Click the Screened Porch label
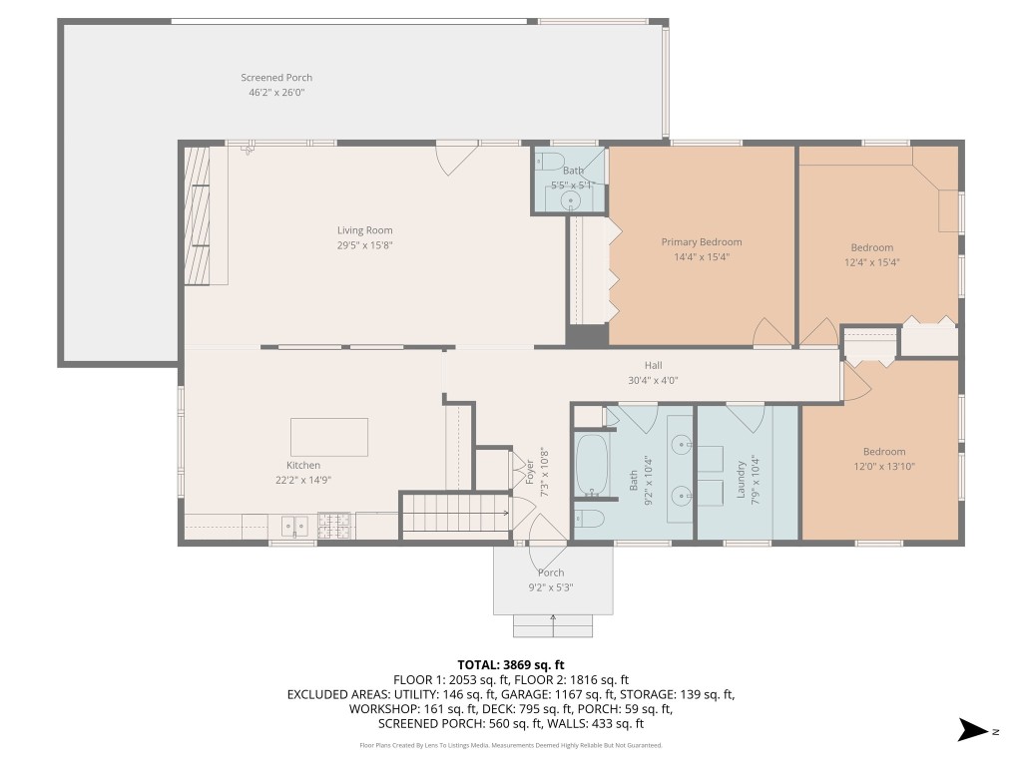point(276,78)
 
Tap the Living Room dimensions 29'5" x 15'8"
point(364,244)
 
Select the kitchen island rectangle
point(328,437)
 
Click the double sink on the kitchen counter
point(293,524)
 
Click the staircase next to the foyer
point(455,517)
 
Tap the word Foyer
point(529,472)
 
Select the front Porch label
point(551,573)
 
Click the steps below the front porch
point(553,625)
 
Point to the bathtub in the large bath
point(592,464)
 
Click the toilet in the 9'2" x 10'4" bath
point(589,518)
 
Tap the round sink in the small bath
point(572,200)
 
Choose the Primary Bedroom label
point(702,242)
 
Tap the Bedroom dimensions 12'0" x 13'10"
point(884,466)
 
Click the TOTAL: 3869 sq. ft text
point(511,664)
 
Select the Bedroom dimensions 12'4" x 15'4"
point(871,262)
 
